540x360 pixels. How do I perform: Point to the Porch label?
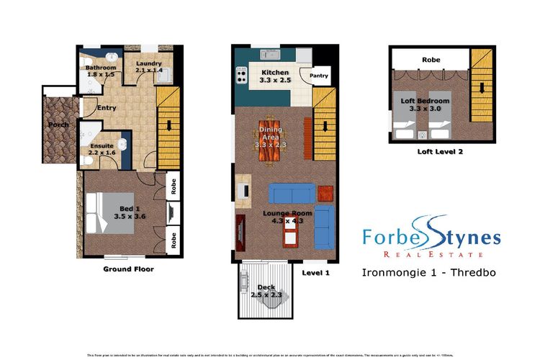pos(58,125)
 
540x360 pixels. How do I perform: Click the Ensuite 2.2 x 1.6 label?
pos(101,148)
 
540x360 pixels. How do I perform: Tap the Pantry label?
pos(319,76)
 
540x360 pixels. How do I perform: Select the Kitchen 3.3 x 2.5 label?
pos(274,77)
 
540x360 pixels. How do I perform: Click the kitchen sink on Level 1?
pos(269,54)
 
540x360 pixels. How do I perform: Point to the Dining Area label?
pos(271,136)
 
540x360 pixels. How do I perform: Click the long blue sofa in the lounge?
pos(290,193)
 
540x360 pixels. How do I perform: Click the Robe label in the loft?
pos(431,60)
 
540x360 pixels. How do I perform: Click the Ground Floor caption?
pos(129,269)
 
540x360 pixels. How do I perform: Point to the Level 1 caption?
pos(315,273)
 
